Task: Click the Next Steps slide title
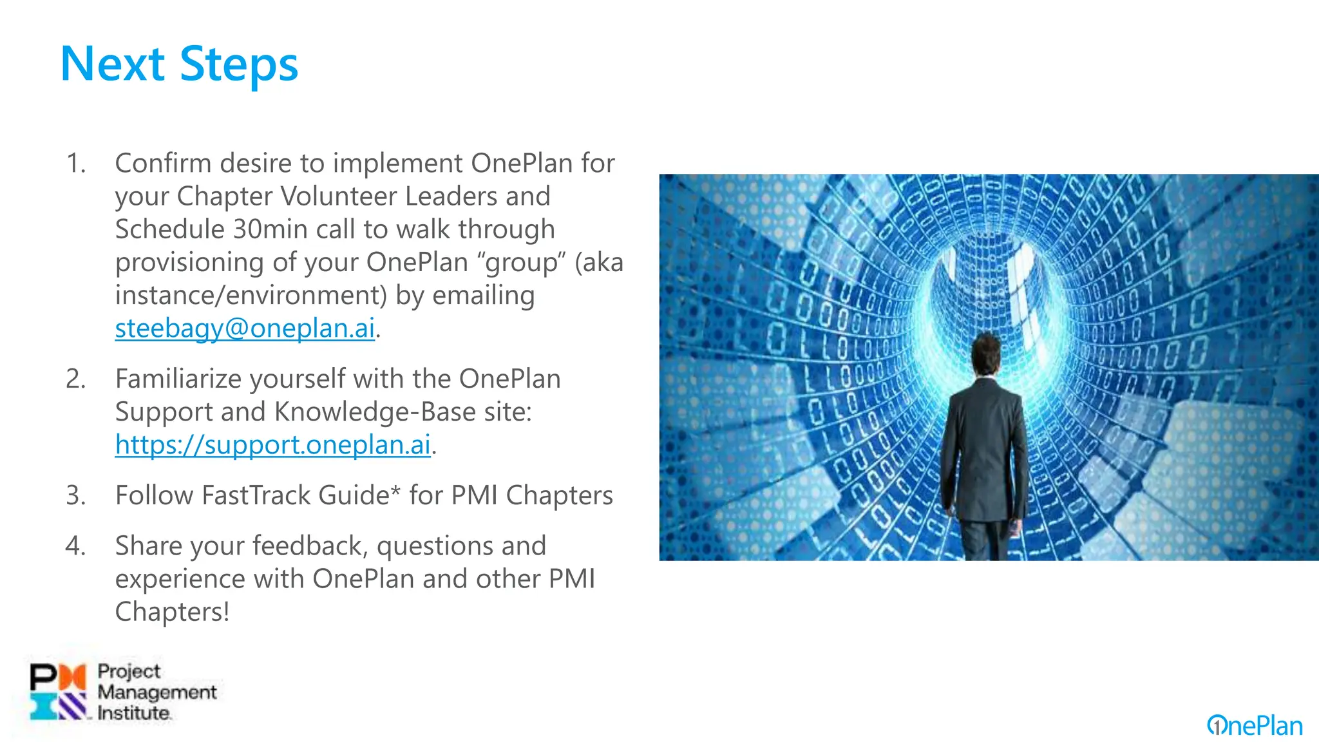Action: tap(179, 64)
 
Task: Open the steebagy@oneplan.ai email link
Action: tap(245, 328)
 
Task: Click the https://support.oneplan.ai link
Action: tap(272, 445)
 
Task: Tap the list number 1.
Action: tap(76, 164)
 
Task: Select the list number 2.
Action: tap(76, 379)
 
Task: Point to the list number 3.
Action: tap(76, 495)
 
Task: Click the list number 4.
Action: tap(76, 546)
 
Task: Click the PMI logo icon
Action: tap(58, 692)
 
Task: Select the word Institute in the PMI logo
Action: tap(134, 713)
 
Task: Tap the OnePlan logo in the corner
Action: tap(1255, 726)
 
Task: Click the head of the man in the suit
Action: tap(985, 353)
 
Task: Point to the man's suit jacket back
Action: tap(983, 444)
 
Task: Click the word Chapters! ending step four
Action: tap(172, 612)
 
